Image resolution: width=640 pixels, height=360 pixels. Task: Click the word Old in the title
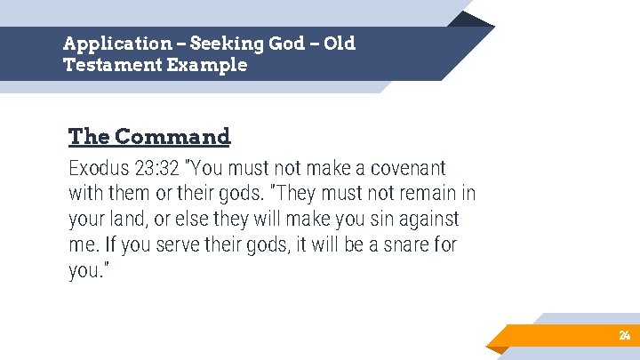pos(340,44)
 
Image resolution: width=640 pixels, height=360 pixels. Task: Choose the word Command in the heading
pos(172,137)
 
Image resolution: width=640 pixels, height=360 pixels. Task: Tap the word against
pos(430,219)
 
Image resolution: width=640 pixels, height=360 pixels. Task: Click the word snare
pos(398,244)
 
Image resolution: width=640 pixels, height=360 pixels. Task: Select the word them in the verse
pos(130,193)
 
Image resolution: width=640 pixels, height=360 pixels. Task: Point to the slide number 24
pos(624,335)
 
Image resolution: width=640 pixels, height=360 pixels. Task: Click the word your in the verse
pos(88,219)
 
